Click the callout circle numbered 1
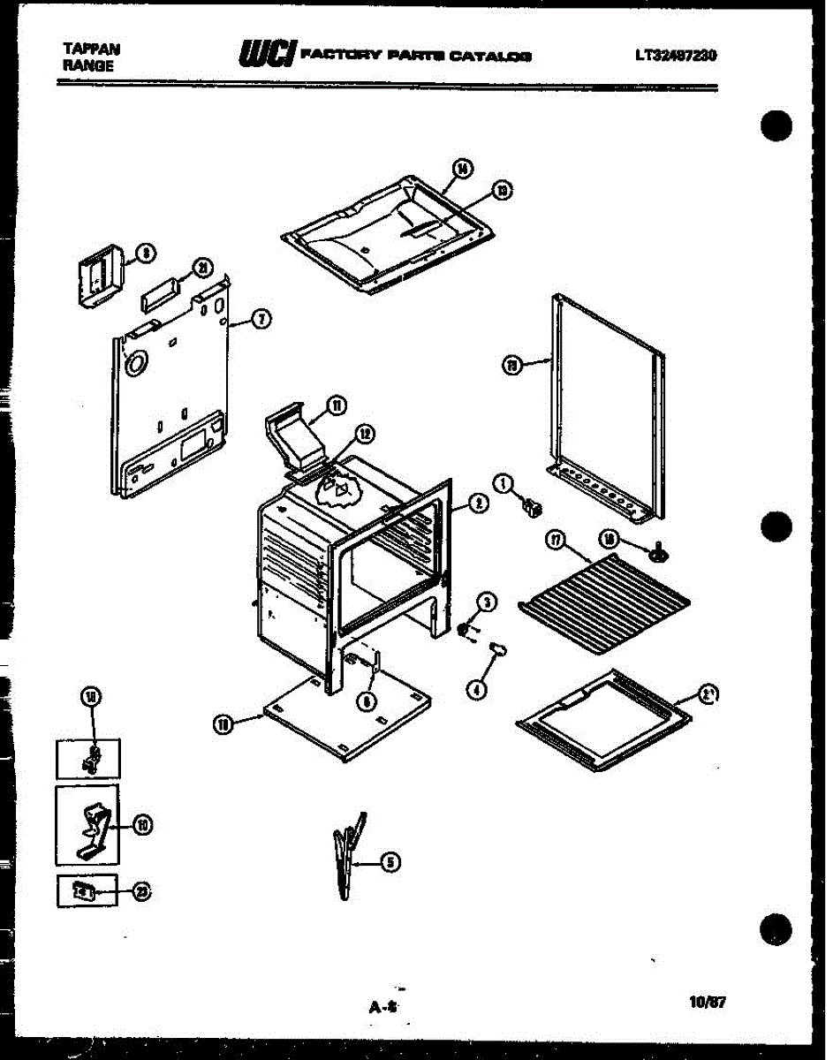tap(504, 483)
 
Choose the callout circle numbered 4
tap(476, 690)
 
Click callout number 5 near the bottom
tap(389, 863)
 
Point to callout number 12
tap(363, 433)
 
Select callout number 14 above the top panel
tap(460, 169)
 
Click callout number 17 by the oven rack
tap(556, 541)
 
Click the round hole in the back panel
tap(137, 361)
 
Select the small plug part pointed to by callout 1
tap(532, 506)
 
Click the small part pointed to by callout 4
tap(499, 651)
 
